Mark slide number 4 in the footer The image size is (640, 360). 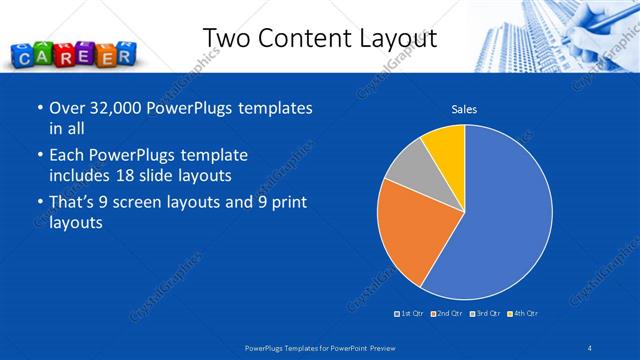tap(590, 347)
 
